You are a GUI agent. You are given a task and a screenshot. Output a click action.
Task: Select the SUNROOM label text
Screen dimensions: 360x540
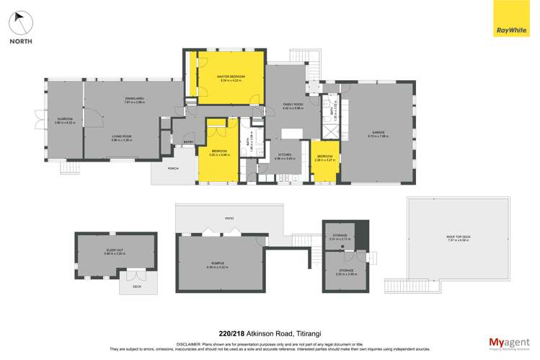[65, 120]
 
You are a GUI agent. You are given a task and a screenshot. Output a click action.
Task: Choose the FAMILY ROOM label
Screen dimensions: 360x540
[293, 105]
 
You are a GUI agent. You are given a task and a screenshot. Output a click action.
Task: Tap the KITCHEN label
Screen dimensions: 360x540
[285, 154]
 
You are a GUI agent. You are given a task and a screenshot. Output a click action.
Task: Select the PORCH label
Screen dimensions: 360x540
[173, 168]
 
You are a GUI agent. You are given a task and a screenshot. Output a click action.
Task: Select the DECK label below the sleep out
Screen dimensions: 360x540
[137, 286]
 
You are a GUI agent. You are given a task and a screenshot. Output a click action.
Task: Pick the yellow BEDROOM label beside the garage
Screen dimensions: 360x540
[324, 156]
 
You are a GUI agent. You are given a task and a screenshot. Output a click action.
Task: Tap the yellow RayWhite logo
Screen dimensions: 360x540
[511, 19]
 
